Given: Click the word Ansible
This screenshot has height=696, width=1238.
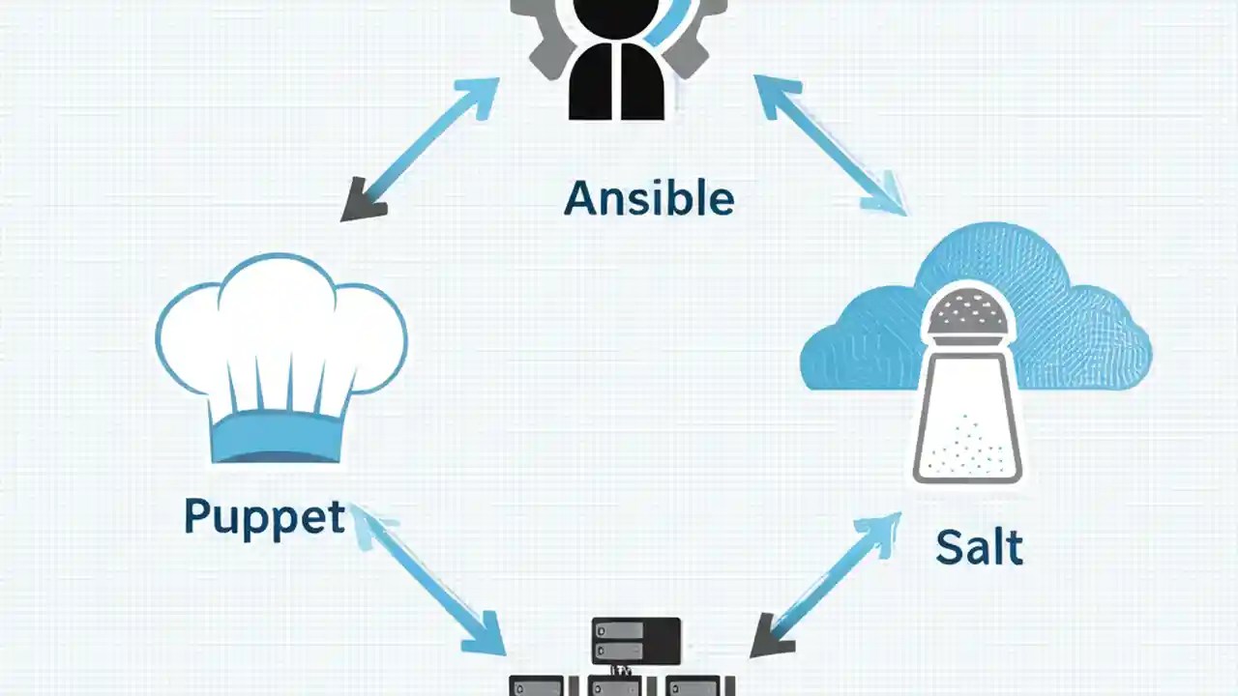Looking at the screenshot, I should pyautogui.click(x=649, y=198).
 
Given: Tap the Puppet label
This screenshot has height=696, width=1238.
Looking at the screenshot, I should pyautogui.click(x=264, y=517).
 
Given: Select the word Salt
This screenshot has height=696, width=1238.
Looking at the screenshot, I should pyautogui.click(x=979, y=547).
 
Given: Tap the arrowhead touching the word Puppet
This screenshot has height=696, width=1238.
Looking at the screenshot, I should pyautogui.click(x=368, y=522).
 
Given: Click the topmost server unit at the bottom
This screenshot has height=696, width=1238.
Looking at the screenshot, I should pyautogui.click(x=635, y=638).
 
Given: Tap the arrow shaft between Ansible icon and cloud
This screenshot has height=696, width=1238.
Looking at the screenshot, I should pyautogui.click(x=827, y=145).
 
